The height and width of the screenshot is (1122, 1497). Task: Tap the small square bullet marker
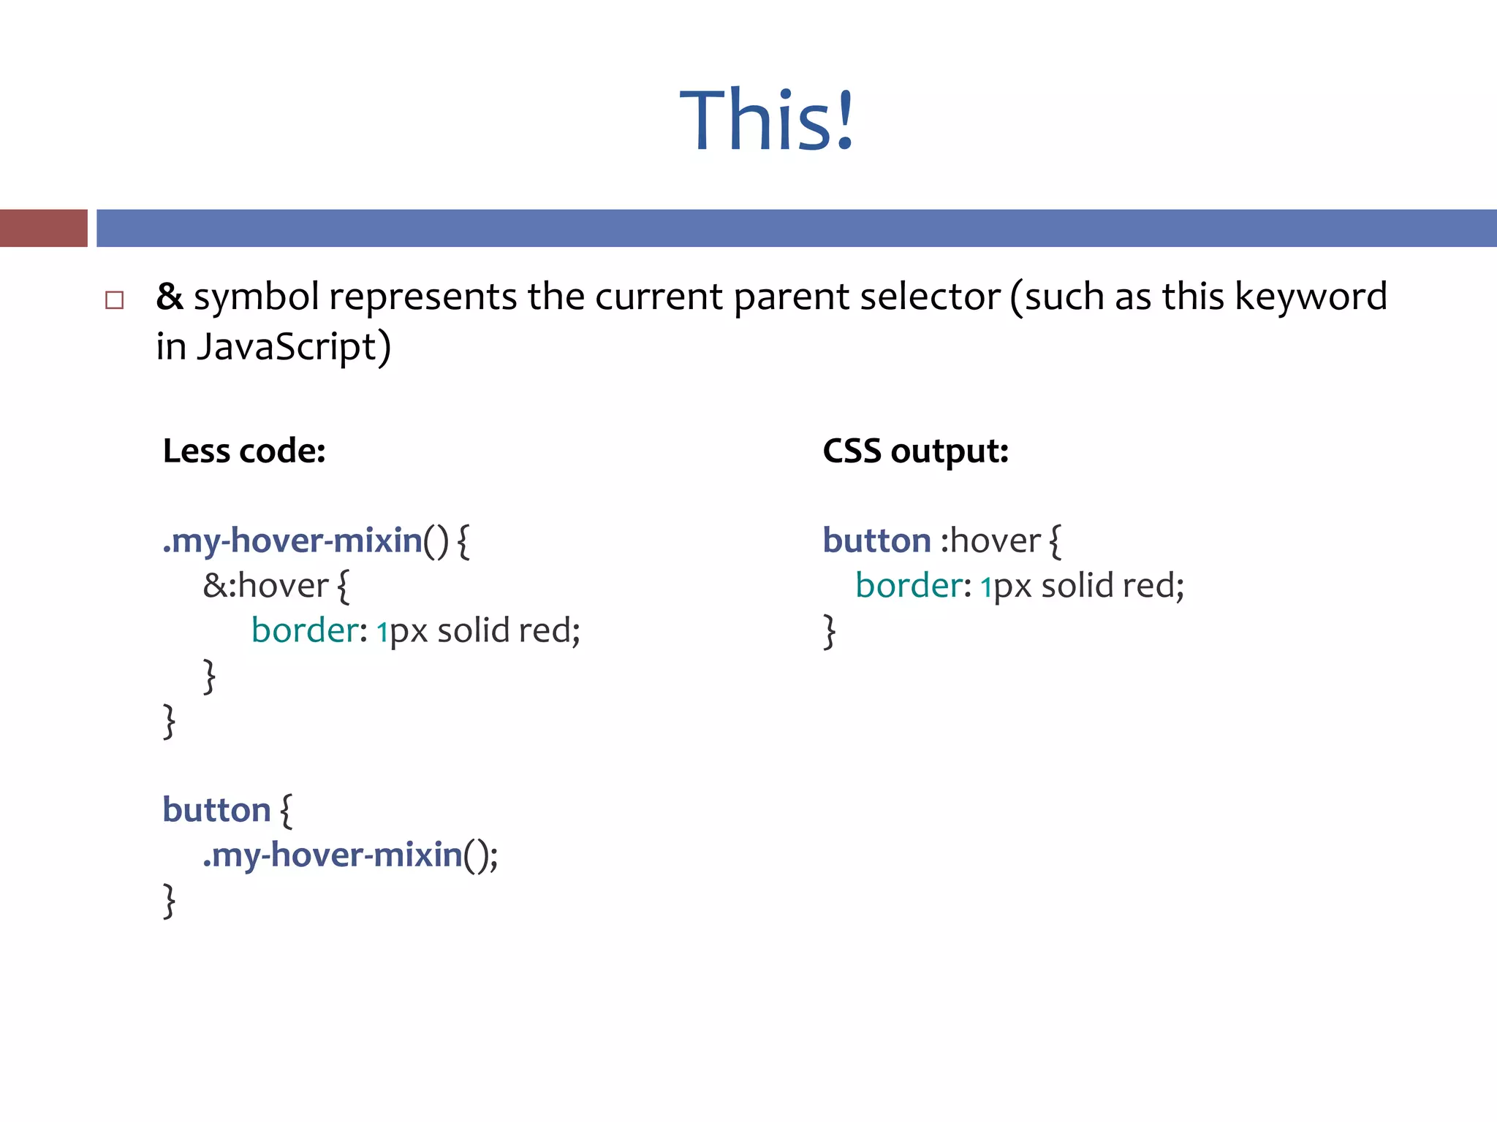114,299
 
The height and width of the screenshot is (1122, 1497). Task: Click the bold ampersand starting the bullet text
170,297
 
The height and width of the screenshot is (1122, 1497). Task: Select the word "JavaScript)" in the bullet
294,347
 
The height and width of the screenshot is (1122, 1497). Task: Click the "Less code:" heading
244,451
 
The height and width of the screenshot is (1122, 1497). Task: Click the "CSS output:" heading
915,451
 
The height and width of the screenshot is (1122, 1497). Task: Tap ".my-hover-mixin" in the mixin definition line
292,541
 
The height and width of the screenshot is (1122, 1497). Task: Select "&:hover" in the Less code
265,586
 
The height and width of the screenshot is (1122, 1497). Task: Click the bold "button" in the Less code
216,810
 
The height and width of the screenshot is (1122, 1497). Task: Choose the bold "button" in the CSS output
876,541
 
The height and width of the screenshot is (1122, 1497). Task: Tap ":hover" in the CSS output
990,541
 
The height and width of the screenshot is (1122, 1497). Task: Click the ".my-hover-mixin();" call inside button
350,855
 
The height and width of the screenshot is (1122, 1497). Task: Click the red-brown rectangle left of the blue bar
44,228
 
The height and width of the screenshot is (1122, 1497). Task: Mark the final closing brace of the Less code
170,900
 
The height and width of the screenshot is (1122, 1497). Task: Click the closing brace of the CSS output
830,631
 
